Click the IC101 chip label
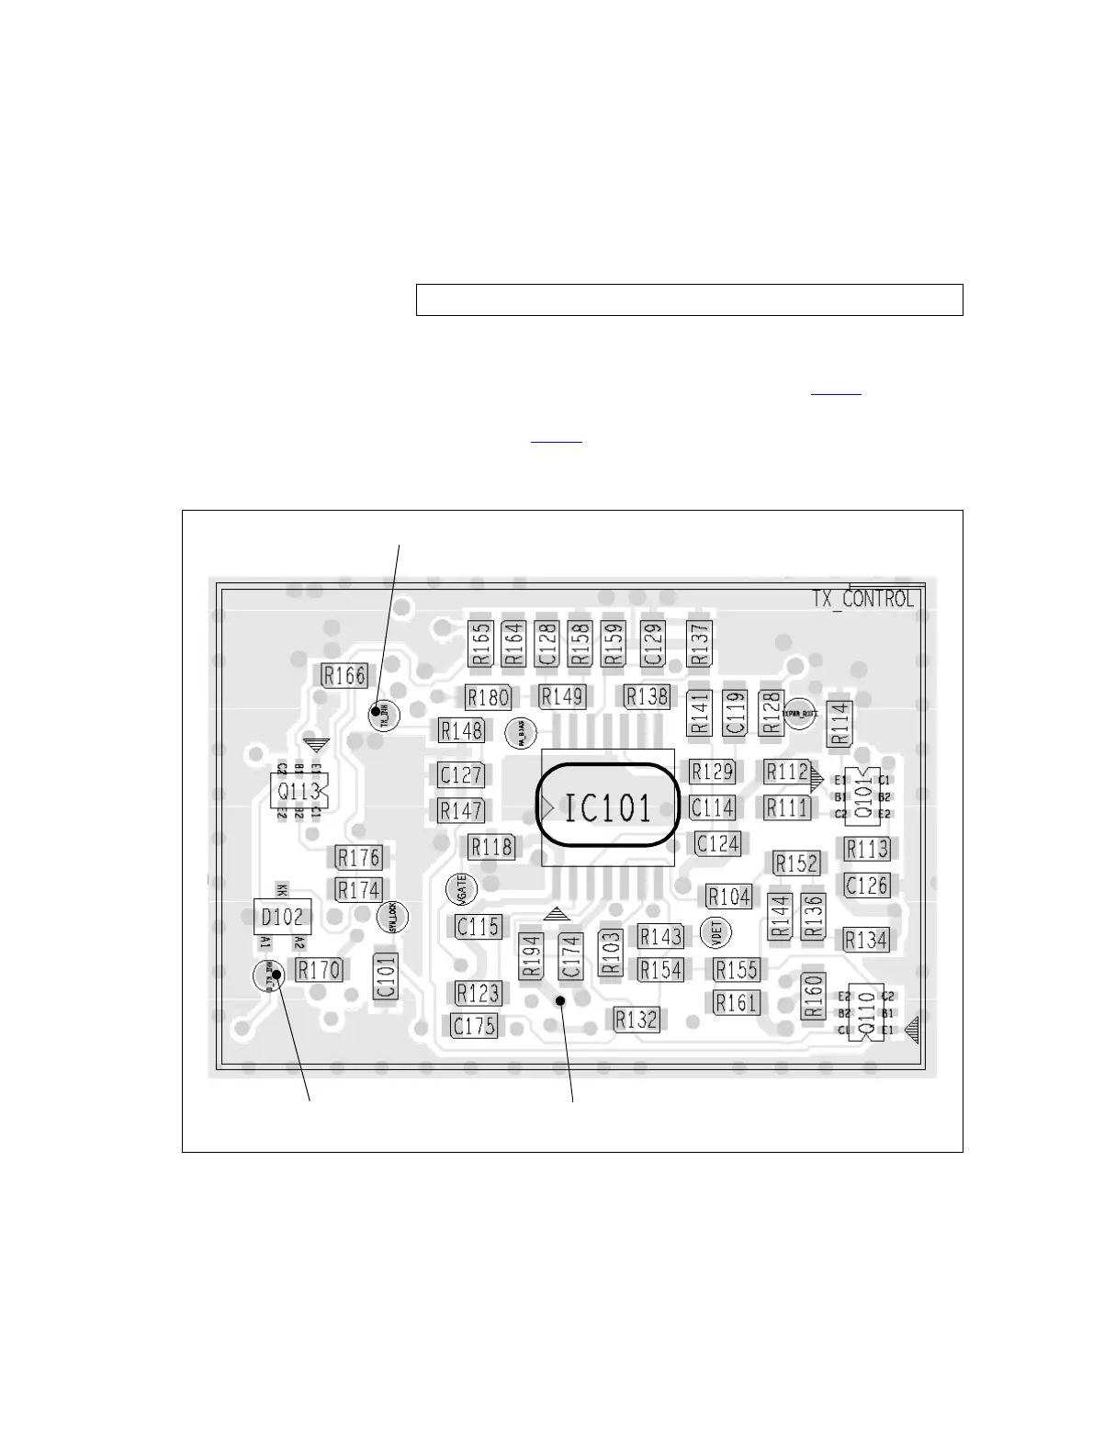click(x=608, y=807)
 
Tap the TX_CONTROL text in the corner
click(x=862, y=599)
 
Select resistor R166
click(x=344, y=675)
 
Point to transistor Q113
click(x=299, y=791)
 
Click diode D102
click(x=282, y=917)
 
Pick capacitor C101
click(x=386, y=976)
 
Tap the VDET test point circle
click(x=716, y=932)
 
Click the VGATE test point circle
click(x=461, y=888)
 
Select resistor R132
click(x=637, y=1019)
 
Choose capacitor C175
click(x=474, y=1025)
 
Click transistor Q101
click(x=863, y=796)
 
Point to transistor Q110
click(x=865, y=1013)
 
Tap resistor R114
click(x=839, y=723)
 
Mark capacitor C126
click(x=866, y=885)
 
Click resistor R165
click(x=480, y=643)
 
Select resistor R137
click(x=700, y=643)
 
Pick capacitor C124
click(x=717, y=842)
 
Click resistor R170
click(x=319, y=969)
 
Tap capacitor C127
click(x=461, y=774)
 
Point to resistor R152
click(x=796, y=863)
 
